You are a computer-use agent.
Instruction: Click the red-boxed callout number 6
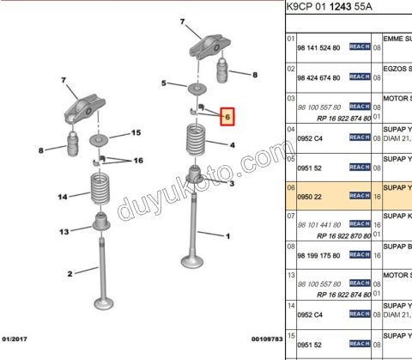[x=227, y=116]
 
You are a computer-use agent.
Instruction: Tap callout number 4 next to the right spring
[x=231, y=146]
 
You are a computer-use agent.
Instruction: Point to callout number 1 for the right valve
[x=227, y=235]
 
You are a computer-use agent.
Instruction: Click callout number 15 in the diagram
[x=135, y=133]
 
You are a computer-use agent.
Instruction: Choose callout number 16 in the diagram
[x=137, y=161]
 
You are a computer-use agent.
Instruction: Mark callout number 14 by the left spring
[x=63, y=198]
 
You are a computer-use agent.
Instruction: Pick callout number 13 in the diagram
[x=64, y=232]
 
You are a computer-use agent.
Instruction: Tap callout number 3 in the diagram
[x=232, y=183]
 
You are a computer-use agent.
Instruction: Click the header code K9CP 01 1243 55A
[x=337, y=7]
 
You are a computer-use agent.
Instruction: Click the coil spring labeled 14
[x=100, y=190]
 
